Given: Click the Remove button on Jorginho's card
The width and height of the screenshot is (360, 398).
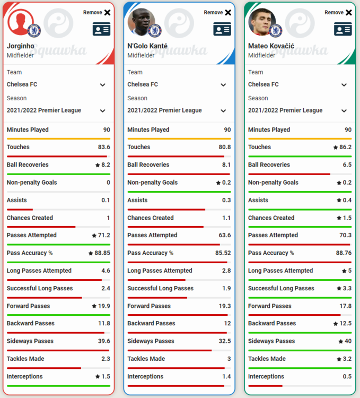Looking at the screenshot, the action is click(x=97, y=12).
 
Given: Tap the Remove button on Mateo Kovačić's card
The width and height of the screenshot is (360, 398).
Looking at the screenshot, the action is click(x=338, y=12).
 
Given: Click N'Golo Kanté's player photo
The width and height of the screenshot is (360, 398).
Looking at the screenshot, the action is click(x=141, y=22).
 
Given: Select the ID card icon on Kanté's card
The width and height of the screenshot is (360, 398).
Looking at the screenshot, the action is click(x=222, y=29).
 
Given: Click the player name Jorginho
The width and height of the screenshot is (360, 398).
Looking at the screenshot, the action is click(x=20, y=46).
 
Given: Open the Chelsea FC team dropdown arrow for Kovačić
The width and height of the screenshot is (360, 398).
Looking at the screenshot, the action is click(x=344, y=85).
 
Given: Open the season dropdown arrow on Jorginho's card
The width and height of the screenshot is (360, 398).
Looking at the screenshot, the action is click(x=102, y=111).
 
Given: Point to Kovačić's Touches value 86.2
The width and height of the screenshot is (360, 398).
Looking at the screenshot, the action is click(x=345, y=147).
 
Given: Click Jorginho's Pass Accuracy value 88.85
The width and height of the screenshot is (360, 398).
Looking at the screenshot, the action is click(x=102, y=253).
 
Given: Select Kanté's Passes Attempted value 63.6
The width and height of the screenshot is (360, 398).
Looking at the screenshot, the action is click(x=225, y=235).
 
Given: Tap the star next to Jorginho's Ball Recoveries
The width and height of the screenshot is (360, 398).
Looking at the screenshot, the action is click(x=98, y=165).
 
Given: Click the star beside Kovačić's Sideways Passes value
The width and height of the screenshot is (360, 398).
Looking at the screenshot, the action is click(x=341, y=341).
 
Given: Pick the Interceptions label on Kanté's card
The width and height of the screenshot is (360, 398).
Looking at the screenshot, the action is click(x=145, y=376).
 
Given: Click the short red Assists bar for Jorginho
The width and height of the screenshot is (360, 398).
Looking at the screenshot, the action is click(x=20, y=210).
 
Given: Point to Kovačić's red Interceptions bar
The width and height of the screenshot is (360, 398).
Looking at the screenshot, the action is click(x=265, y=386).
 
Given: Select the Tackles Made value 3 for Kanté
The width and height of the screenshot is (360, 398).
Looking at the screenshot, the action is click(x=229, y=359).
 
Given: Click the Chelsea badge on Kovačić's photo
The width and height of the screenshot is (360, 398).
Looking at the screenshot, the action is click(x=276, y=31).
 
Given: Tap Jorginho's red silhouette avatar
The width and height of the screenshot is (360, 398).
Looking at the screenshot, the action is click(x=20, y=22).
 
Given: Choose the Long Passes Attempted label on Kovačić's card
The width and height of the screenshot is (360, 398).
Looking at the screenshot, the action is click(x=280, y=271).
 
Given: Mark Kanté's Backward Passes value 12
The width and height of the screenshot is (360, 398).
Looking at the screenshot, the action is click(x=227, y=323).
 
